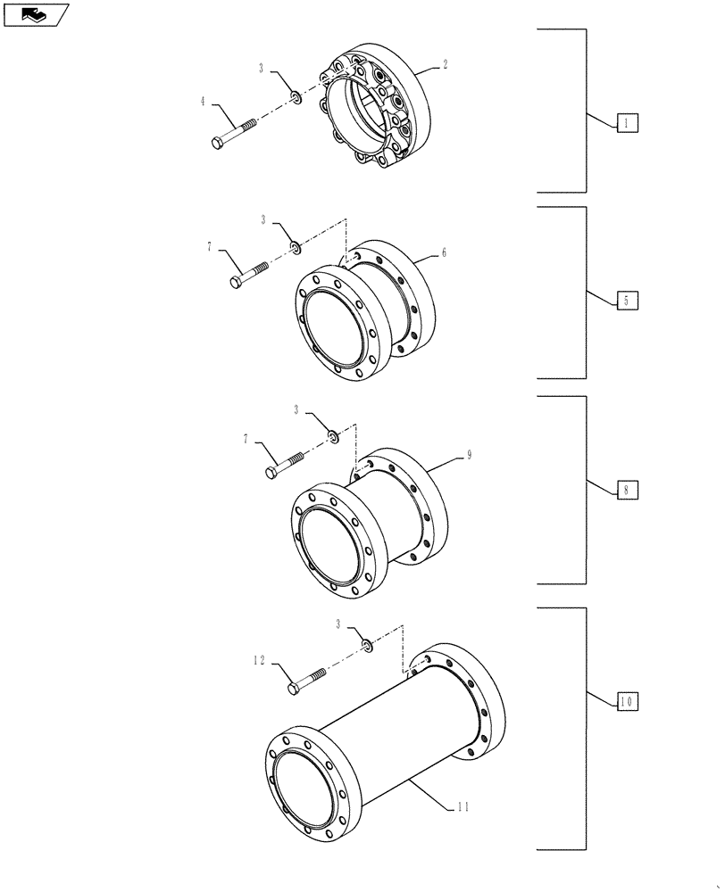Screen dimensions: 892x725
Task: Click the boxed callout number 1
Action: point(627,124)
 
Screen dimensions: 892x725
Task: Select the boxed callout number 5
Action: point(627,301)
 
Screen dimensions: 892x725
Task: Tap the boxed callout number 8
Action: point(627,490)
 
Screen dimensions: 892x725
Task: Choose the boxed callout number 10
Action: point(627,702)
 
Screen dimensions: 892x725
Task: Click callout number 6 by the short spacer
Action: point(444,253)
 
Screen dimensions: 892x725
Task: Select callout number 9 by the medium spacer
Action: point(469,456)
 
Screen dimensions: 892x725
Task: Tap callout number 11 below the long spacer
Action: point(462,807)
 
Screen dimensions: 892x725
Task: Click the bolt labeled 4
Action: point(234,130)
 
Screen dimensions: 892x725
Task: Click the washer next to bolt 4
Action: point(294,95)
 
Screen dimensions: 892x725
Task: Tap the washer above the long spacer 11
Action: point(367,643)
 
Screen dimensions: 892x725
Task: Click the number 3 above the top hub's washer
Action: point(262,68)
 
